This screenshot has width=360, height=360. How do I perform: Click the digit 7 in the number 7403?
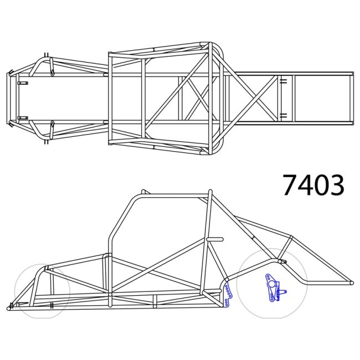click(290, 186)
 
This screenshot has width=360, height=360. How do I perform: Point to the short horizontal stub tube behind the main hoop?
click(215, 239)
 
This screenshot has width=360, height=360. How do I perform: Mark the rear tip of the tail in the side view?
click(351, 282)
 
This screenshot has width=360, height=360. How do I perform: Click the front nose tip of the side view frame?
click(9, 308)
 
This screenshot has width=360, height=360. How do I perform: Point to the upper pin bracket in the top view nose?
click(23, 83)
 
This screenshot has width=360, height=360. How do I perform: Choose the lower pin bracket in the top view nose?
click(23, 117)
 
